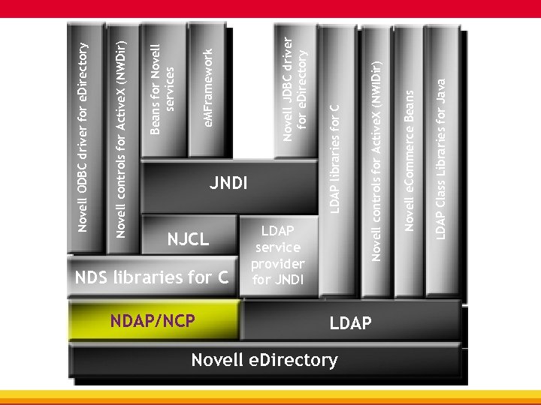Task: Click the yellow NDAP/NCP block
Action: click(x=153, y=320)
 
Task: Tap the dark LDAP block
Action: click(x=350, y=323)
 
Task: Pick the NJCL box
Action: click(x=188, y=239)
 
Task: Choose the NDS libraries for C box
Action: click(x=151, y=277)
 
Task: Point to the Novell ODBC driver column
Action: click(x=84, y=135)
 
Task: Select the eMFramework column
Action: click(x=210, y=86)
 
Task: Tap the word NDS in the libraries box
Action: click(x=90, y=277)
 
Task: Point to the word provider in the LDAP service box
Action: click(x=277, y=264)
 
